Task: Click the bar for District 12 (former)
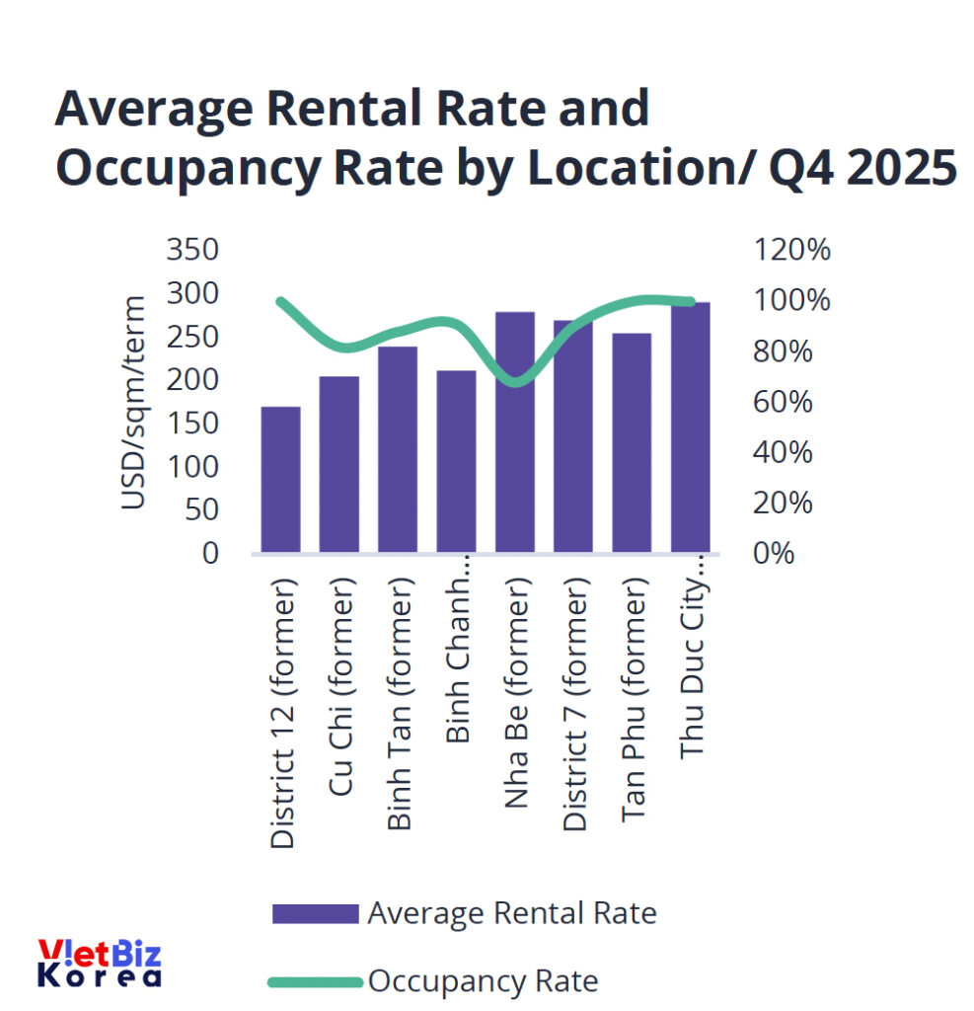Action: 280,479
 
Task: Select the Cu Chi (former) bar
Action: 338,464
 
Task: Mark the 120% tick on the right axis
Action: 791,250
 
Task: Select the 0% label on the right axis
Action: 774,553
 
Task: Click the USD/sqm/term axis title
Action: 133,402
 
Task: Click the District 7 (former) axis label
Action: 574,707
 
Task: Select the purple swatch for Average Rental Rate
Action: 315,913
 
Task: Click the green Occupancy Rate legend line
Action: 315,982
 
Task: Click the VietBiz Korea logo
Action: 100,964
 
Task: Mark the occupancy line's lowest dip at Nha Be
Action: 514,381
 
